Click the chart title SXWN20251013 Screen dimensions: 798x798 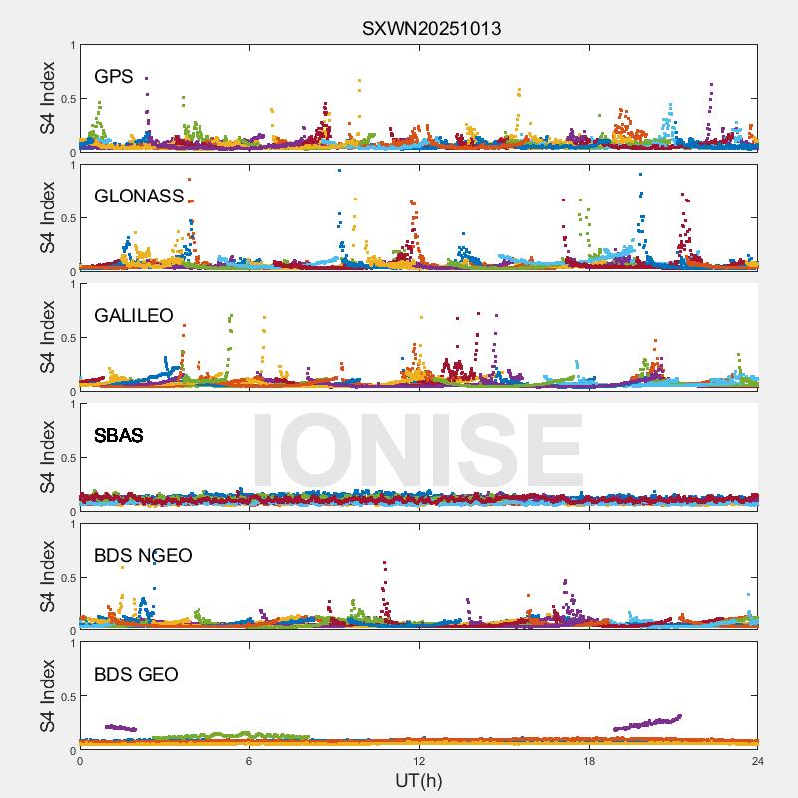(x=431, y=29)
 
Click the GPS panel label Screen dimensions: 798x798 (x=113, y=77)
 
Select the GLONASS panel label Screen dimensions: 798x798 (x=139, y=197)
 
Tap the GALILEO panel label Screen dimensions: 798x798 (x=133, y=316)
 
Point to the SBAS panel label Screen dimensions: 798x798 (x=118, y=436)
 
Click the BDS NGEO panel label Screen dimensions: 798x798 (x=142, y=556)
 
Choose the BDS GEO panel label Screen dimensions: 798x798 (x=136, y=675)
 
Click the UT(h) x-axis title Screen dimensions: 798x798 (x=418, y=779)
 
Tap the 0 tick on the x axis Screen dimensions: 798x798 (x=80, y=760)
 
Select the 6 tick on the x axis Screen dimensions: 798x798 (x=249, y=760)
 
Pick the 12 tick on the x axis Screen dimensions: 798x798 (x=419, y=760)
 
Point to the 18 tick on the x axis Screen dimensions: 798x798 (x=589, y=760)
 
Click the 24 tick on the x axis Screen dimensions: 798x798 (x=757, y=760)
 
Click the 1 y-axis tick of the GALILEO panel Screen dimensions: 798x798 (x=72, y=284)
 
